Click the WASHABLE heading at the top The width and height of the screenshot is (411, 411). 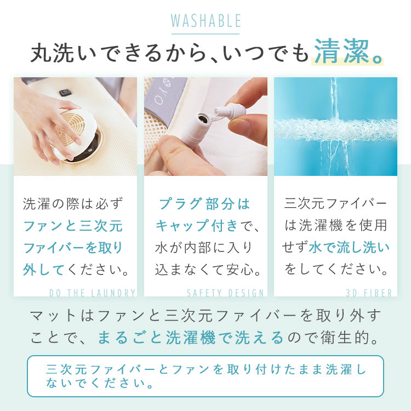pos(206,21)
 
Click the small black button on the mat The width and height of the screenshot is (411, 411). pos(65,93)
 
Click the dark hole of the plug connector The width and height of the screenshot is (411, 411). pos(202,119)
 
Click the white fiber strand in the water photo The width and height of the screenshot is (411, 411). pos(335,130)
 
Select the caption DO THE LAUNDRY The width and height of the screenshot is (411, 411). pos(92,293)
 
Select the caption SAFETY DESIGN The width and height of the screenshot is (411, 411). pos(225,293)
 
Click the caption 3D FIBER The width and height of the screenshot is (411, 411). pos(369,293)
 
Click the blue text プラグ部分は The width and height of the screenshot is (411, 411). pos(205,204)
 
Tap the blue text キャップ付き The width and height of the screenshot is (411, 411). pos(197,225)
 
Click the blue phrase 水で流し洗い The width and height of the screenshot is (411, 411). pos(349,247)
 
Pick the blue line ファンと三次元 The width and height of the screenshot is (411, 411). pos(73,226)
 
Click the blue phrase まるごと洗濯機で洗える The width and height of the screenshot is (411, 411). pos(191,338)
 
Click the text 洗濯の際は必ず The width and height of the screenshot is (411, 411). pos(73,204)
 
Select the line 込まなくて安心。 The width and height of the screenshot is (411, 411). pos(208,270)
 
